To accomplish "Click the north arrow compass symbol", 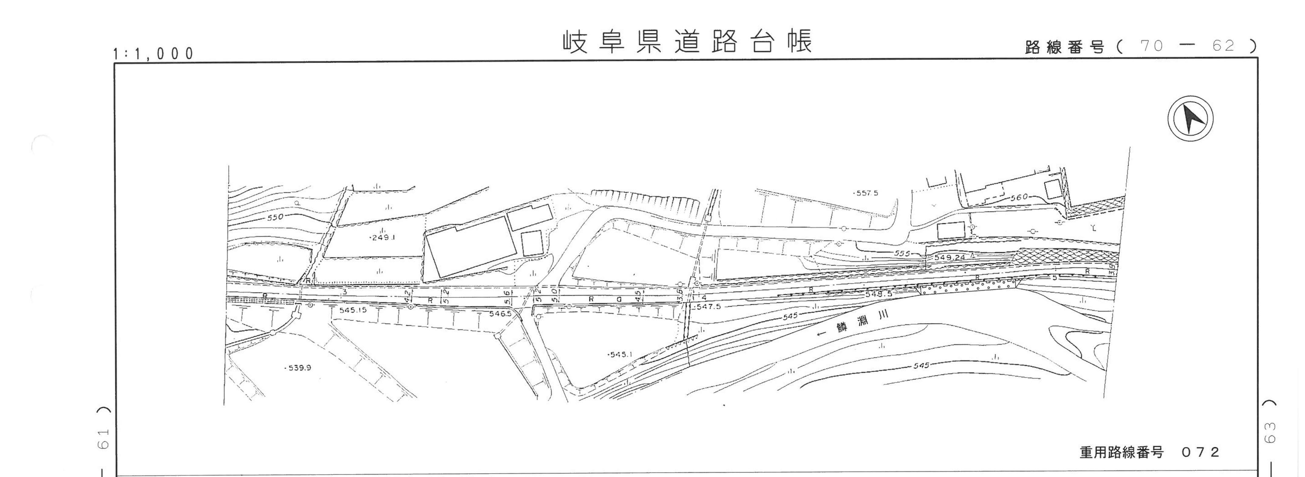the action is click(1191, 118).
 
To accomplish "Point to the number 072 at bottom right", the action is click(1200, 452).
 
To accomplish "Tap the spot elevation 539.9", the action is click(299, 368).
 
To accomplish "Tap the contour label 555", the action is click(902, 253).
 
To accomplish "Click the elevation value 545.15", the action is click(353, 310).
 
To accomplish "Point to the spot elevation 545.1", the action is click(620, 354).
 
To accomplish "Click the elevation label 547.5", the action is click(708, 307).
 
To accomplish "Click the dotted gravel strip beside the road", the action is click(968, 287).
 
